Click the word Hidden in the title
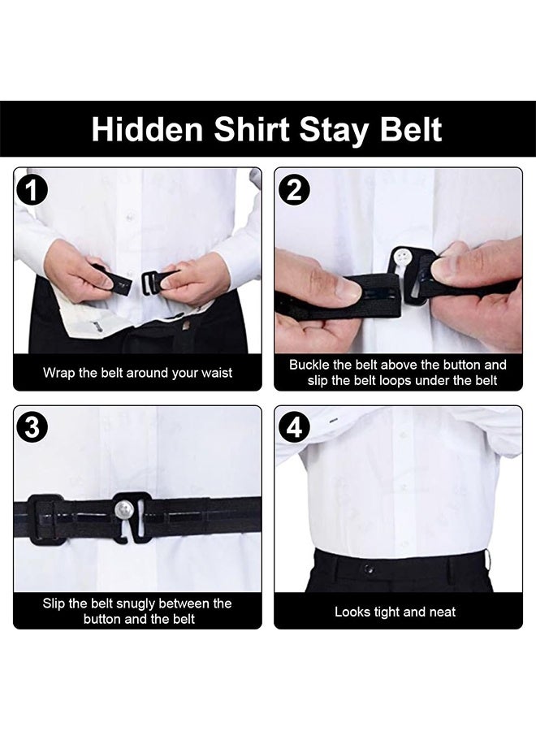click(142, 130)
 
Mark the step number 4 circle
click(293, 428)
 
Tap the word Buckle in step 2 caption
click(309, 365)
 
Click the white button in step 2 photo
click(401, 257)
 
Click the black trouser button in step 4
click(366, 567)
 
